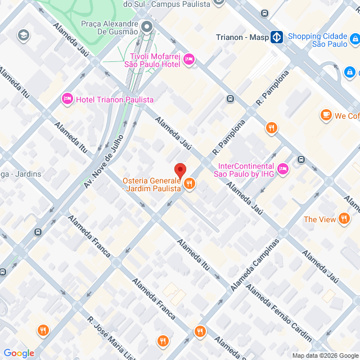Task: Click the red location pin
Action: click(180, 170)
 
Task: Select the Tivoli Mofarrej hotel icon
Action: click(188, 59)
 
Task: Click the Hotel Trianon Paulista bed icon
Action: click(67, 99)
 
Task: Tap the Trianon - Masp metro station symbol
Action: click(276, 38)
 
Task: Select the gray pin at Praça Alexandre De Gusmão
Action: click(147, 26)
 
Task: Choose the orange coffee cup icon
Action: click(326, 115)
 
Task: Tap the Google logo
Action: click(19, 353)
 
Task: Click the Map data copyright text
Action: click(325, 355)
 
